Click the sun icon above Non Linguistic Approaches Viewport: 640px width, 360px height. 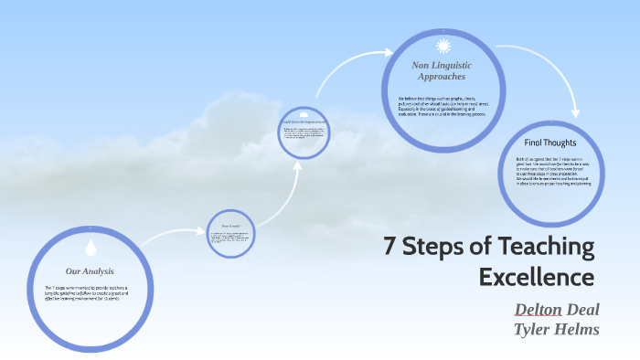pyautogui.click(x=443, y=46)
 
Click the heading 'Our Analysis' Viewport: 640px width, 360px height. pyautogui.click(x=90, y=271)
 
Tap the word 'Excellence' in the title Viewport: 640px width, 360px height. pyautogui.click(x=537, y=276)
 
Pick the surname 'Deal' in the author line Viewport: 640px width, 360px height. pyautogui.click(x=583, y=309)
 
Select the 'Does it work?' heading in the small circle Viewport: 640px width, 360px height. pyautogui.click(x=229, y=226)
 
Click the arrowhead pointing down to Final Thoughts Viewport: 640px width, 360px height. pyautogui.click(x=575, y=113)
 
